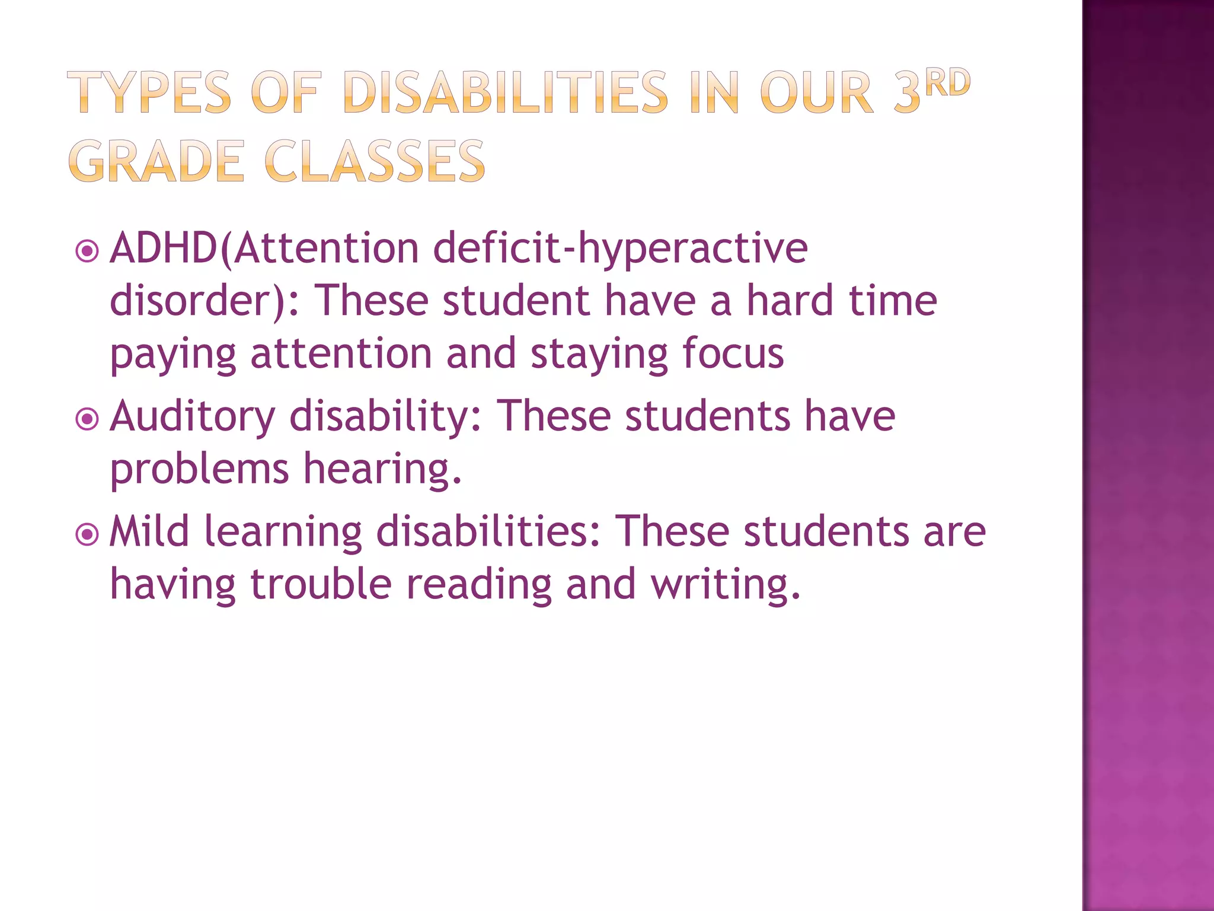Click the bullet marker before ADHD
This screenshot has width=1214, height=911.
(x=88, y=251)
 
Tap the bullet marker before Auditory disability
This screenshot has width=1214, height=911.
(x=88, y=420)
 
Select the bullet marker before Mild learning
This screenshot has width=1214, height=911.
(x=88, y=534)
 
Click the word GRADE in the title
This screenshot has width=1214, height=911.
(x=156, y=161)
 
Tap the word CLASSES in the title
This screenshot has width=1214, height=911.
(x=375, y=161)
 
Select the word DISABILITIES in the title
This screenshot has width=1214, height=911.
(x=506, y=93)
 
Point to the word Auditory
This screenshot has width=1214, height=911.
(x=193, y=416)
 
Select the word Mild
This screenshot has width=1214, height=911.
(x=149, y=531)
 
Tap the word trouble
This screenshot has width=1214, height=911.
(x=321, y=584)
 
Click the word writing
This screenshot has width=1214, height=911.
(x=726, y=584)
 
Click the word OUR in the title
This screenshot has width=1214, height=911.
(x=817, y=93)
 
